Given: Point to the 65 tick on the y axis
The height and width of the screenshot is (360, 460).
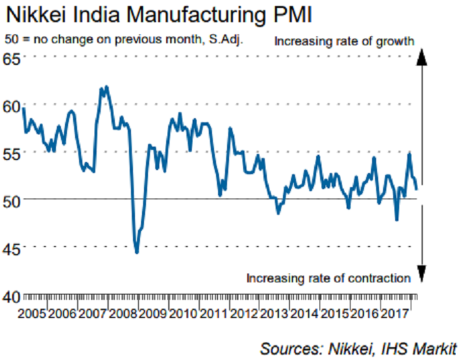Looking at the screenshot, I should coord(13,57).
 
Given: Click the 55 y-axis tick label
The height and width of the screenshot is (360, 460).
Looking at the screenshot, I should coord(13,152).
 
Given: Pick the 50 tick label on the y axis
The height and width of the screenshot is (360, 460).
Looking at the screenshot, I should coord(13,199).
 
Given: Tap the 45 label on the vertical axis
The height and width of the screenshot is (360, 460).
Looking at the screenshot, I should coord(13,247).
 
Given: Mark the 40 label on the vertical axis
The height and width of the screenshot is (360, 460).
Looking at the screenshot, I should coord(13,295).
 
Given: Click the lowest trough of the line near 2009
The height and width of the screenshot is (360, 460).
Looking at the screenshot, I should coord(137,252).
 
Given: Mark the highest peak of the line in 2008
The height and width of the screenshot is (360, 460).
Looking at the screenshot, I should coord(107,87).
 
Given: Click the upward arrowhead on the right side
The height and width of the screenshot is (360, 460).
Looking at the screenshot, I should coord(421,57).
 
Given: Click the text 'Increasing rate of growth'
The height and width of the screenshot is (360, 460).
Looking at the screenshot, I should coord(343,42).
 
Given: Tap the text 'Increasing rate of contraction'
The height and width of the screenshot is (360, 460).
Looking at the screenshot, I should coord(328,278).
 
